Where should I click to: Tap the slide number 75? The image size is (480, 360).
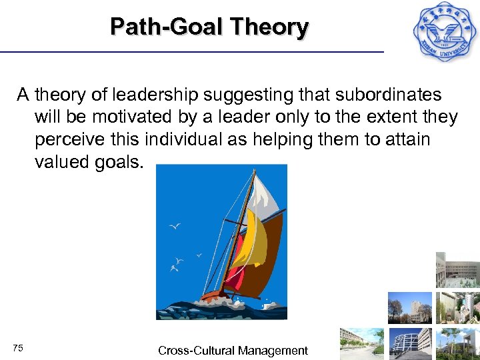(18, 348)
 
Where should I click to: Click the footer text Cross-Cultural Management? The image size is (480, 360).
(233, 350)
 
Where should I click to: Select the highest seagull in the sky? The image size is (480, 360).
(175, 227)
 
